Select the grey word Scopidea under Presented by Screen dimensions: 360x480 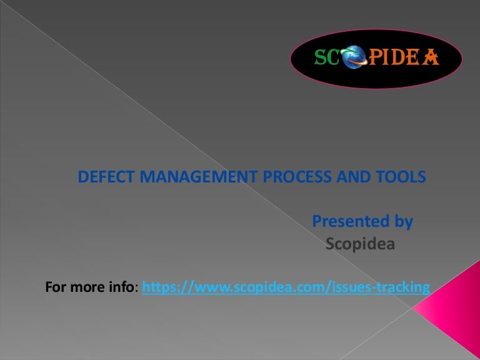[x=360, y=244]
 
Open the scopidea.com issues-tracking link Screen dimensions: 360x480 [x=286, y=287]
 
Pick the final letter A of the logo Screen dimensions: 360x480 [x=431, y=58]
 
